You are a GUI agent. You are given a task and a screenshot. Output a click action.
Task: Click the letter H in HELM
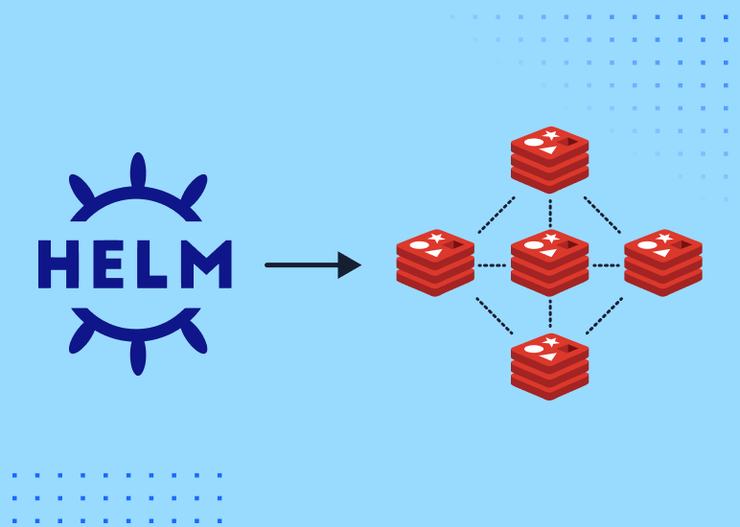[58, 264]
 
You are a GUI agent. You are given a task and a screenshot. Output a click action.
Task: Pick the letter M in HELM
[204, 264]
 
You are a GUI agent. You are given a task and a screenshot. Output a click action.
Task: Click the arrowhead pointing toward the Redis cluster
[349, 265]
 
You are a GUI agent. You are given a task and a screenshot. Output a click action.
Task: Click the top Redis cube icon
[549, 159]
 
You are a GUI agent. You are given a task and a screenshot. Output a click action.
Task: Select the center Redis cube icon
[549, 263]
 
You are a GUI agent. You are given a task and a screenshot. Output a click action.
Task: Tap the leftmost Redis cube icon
[435, 263]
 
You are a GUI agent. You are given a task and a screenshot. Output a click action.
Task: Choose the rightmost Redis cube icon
[663, 263]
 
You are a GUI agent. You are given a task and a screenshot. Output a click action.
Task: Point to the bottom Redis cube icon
[549, 366]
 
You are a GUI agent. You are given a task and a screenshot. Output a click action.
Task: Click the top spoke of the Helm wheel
[138, 171]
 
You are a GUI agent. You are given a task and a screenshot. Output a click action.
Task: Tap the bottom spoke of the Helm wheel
[138, 355]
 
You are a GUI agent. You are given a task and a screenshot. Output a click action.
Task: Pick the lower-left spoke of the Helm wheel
[82, 336]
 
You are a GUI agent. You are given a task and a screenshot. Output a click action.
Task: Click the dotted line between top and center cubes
[549, 213]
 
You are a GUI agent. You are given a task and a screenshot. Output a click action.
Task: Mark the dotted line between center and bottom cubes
[549, 314]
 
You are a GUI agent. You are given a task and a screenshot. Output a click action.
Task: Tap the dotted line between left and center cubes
[492, 265]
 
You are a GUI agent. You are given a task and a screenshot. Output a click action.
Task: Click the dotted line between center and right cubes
[606, 265]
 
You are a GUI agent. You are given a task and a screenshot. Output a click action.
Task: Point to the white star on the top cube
[551, 135]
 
